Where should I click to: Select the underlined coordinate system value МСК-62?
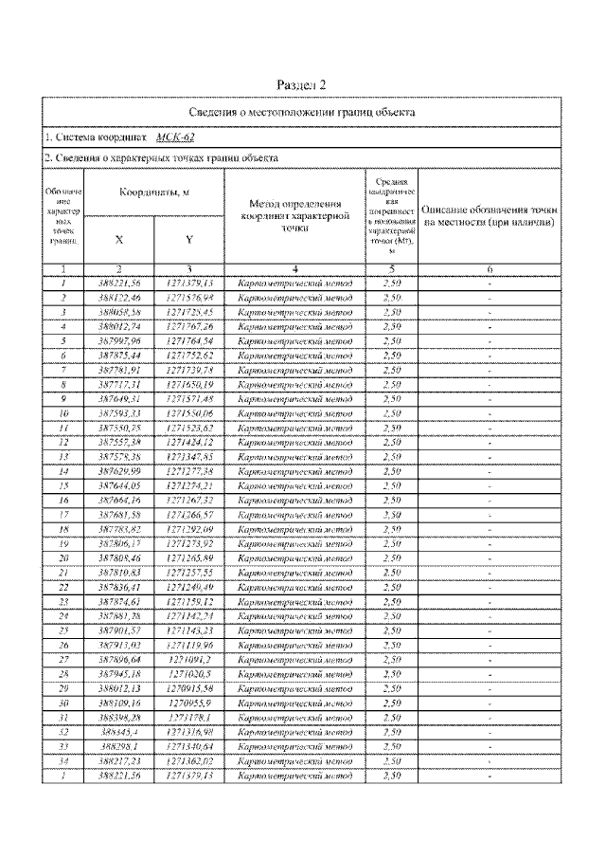pyautogui.click(x=176, y=137)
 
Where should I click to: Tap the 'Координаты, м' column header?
pyautogui.click(x=153, y=192)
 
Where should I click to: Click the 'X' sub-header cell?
pyautogui.click(x=118, y=240)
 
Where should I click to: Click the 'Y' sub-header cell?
pyautogui.click(x=188, y=240)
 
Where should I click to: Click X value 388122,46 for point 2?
pyautogui.click(x=118, y=297)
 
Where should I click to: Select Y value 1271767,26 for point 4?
pyautogui.click(x=188, y=324)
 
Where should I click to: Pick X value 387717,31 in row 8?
pyautogui.click(x=118, y=385)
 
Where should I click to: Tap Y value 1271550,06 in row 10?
pyautogui.click(x=188, y=413)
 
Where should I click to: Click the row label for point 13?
pyautogui.click(x=62, y=456)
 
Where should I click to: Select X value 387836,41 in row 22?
pyautogui.click(x=118, y=587)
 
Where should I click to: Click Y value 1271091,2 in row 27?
pyautogui.click(x=188, y=659)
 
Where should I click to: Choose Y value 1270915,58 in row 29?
pyautogui.click(x=188, y=688)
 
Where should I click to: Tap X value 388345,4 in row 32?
pyautogui.click(x=118, y=732)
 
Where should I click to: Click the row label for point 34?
pyautogui.click(x=62, y=760)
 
